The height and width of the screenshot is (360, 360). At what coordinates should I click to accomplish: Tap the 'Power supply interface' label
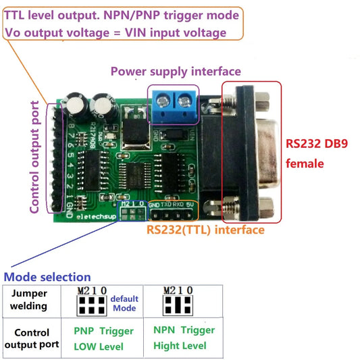point(175,71)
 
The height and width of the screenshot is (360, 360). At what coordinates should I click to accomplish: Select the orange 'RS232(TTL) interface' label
point(205,230)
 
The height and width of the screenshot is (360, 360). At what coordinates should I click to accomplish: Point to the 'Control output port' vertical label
point(35,157)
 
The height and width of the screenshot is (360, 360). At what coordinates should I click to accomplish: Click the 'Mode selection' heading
point(47,277)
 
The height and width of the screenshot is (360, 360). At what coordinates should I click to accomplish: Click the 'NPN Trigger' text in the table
point(184,330)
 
